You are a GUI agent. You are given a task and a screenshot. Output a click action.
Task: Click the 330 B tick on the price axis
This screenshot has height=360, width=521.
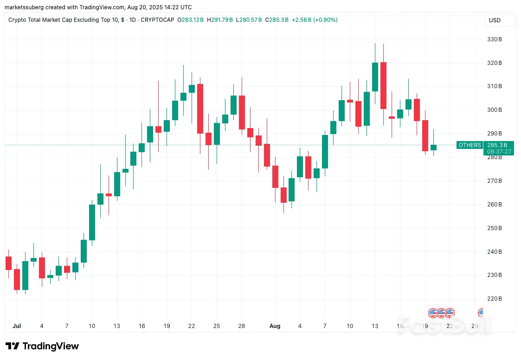point(494,39)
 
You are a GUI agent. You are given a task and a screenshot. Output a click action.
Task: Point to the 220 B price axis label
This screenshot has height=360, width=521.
point(494,299)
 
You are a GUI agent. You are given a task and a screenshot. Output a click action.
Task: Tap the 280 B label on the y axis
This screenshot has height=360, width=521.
point(494,157)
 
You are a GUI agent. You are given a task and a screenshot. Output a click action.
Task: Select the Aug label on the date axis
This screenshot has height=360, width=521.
point(275,326)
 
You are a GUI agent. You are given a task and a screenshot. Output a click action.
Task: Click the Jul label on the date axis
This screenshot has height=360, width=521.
point(17,326)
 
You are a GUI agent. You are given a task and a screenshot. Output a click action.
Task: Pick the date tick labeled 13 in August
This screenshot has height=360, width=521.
point(375,326)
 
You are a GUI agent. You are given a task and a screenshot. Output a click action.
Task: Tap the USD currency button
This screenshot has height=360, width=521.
point(495,20)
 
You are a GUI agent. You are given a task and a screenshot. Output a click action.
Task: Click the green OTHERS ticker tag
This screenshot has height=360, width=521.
point(470,145)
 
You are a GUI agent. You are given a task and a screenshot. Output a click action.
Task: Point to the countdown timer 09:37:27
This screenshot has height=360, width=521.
point(499,152)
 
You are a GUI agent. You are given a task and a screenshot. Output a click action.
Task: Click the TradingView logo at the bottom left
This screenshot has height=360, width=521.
point(42,346)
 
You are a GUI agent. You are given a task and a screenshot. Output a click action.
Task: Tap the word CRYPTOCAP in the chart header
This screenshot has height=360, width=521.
point(157,20)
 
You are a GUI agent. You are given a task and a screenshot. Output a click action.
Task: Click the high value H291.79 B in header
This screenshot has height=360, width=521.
point(220,20)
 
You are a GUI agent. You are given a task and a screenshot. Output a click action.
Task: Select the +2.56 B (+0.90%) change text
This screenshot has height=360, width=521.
point(315,20)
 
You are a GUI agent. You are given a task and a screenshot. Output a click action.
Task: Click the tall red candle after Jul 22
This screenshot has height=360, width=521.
point(200,109)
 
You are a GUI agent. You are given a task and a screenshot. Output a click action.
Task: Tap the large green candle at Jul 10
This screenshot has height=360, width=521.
point(92,222)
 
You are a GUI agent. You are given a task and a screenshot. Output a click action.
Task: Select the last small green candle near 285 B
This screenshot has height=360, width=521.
point(433,148)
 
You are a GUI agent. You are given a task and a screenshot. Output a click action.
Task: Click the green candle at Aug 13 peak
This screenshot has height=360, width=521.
point(375,77)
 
